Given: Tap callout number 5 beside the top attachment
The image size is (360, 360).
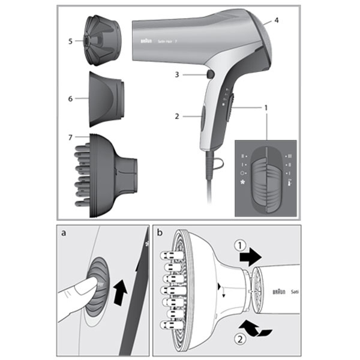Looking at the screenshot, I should [70, 41].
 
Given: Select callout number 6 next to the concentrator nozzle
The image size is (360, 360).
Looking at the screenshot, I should [70, 98].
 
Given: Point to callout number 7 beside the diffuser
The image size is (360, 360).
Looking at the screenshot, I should [70, 137].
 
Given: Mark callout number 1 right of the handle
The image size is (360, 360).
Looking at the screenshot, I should [265, 107].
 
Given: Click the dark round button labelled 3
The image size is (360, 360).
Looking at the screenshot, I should [209, 74].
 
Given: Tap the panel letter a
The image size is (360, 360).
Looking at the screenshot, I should [64, 233].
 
